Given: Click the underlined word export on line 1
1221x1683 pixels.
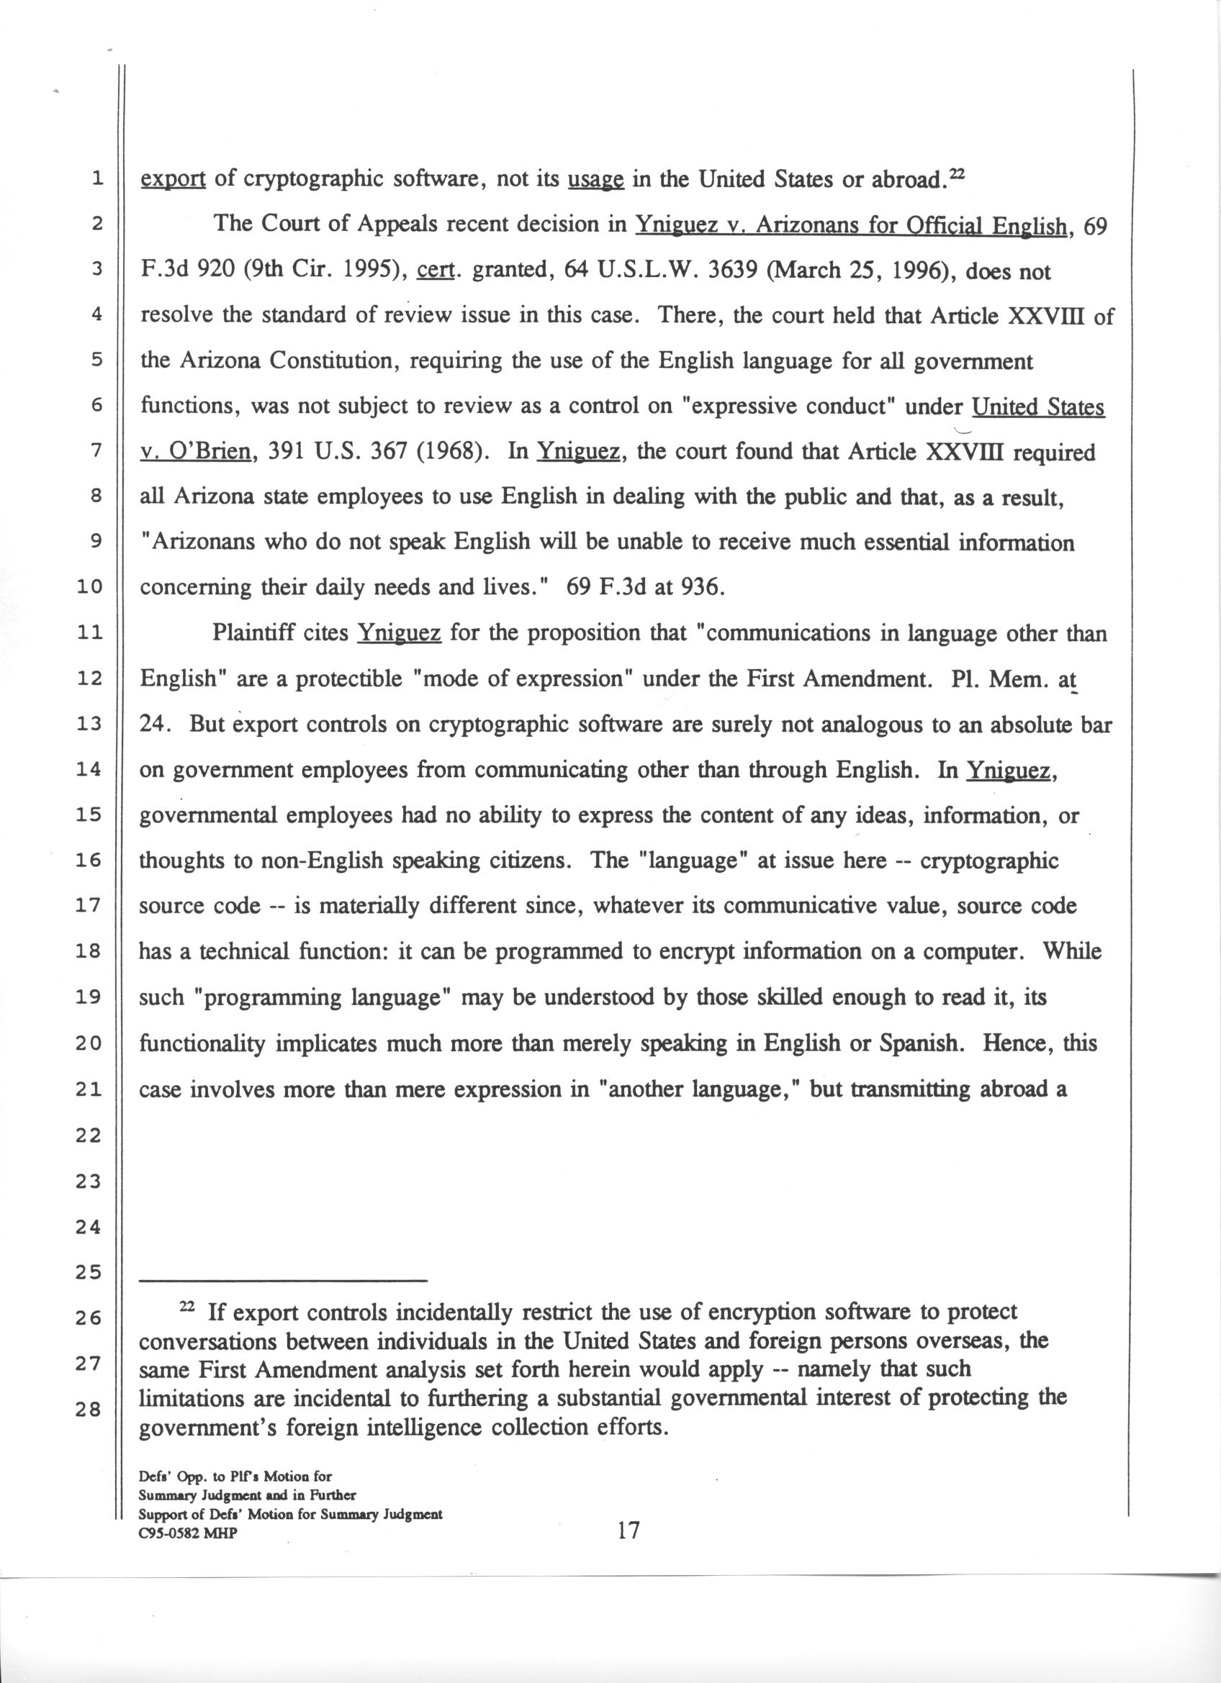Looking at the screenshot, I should point(173,181).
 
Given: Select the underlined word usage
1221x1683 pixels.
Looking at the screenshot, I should point(595,181).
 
